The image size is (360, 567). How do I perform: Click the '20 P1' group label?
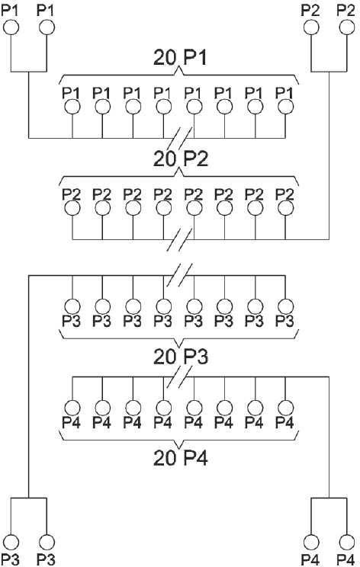(x=180, y=58)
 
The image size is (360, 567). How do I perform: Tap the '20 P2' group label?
(x=181, y=159)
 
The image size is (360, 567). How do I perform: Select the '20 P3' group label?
(x=181, y=357)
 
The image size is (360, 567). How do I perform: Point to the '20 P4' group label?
(x=181, y=458)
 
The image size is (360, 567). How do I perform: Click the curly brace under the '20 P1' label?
(x=180, y=75)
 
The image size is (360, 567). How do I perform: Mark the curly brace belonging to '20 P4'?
(x=180, y=440)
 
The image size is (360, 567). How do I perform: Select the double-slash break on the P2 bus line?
(x=180, y=239)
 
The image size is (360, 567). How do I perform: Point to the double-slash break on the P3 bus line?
(x=180, y=276)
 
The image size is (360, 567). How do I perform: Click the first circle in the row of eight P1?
(x=72, y=107)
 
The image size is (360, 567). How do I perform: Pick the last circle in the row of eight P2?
(x=286, y=208)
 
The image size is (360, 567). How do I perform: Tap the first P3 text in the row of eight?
(x=71, y=321)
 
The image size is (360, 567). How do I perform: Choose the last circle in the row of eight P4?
(x=286, y=408)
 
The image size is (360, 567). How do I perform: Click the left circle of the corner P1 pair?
(x=11, y=27)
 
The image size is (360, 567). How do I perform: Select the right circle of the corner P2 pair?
(x=347, y=27)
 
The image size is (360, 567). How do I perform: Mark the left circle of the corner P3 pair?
(x=11, y=542)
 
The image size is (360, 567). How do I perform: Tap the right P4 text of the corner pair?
(x=346, y=559)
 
